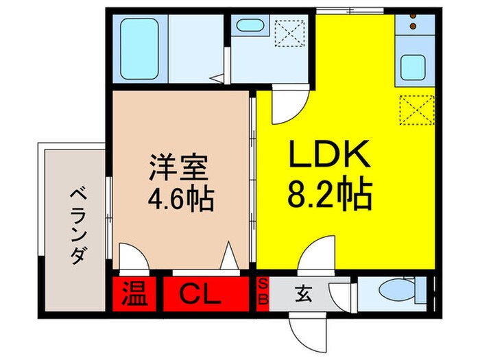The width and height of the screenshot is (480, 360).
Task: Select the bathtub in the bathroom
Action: pos(139,47)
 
